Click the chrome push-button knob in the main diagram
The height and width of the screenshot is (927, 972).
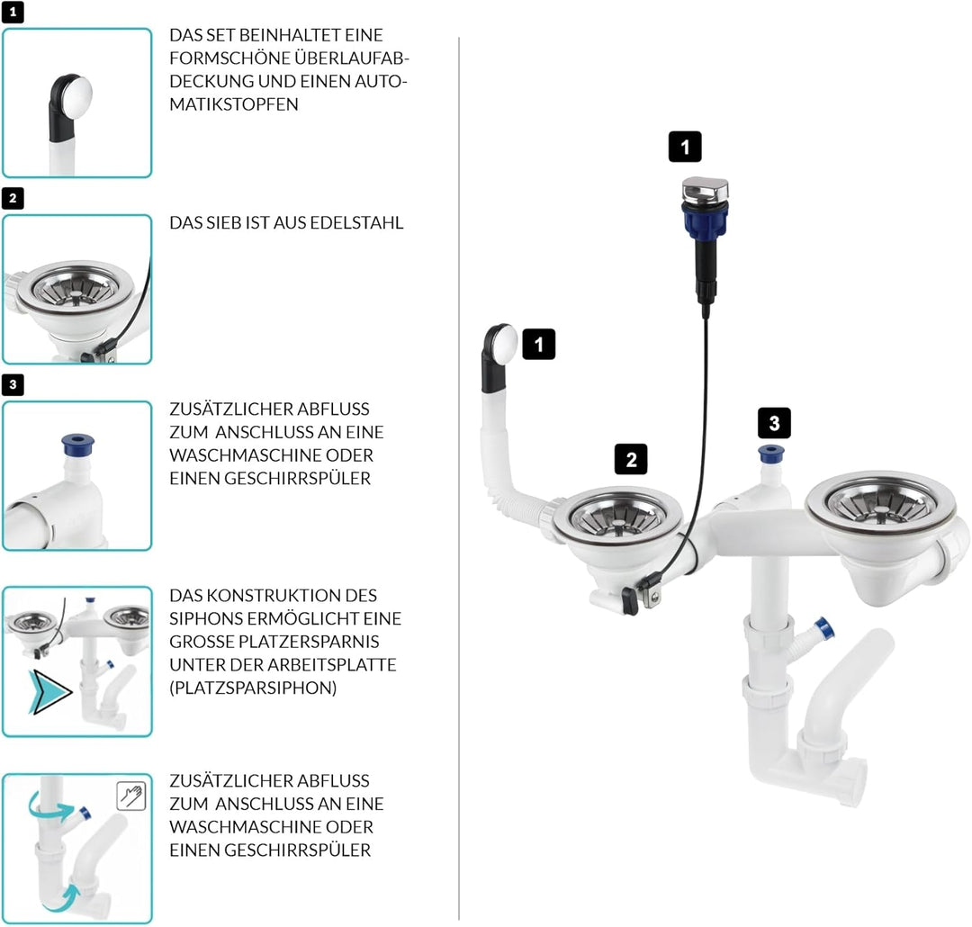(x=705, y=191)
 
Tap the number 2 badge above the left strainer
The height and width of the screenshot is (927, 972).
(x=631, y=459)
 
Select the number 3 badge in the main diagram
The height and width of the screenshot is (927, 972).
(x=774, y=422)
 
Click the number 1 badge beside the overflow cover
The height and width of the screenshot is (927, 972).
(x=538, y=344)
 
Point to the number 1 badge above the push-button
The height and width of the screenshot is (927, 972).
(x=685, y=147)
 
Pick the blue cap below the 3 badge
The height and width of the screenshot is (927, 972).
(x=771, y=453)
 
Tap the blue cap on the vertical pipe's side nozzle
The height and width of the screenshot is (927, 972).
(x=823, y=627)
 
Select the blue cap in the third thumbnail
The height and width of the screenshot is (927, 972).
(x=77, y=443)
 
